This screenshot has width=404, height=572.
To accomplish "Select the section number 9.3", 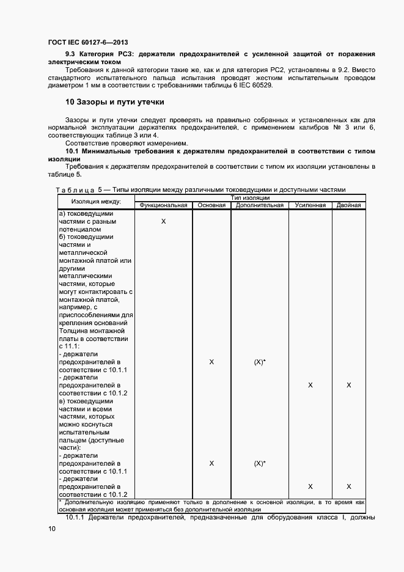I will [x=72, y=54].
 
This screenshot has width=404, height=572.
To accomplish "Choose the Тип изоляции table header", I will [x=251, y=198].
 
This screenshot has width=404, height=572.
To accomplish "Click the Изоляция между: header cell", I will [x=95, y=202].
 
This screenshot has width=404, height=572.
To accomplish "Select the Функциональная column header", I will [x=163, y=205].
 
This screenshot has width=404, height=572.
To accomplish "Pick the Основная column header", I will [x=211, y=205].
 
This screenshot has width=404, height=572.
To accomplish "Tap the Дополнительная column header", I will [x=260, y=205].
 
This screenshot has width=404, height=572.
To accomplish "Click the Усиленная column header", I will [x=310, y=205].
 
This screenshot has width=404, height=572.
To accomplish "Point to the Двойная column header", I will [x=348, y=205].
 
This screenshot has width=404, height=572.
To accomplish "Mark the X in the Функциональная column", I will [x=163, y=221].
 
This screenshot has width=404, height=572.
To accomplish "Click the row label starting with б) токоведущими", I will [x=86, y=237].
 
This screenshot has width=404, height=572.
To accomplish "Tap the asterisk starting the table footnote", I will [x=60, y=502].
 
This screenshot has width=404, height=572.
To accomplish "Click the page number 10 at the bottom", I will [x=51, y=529].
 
